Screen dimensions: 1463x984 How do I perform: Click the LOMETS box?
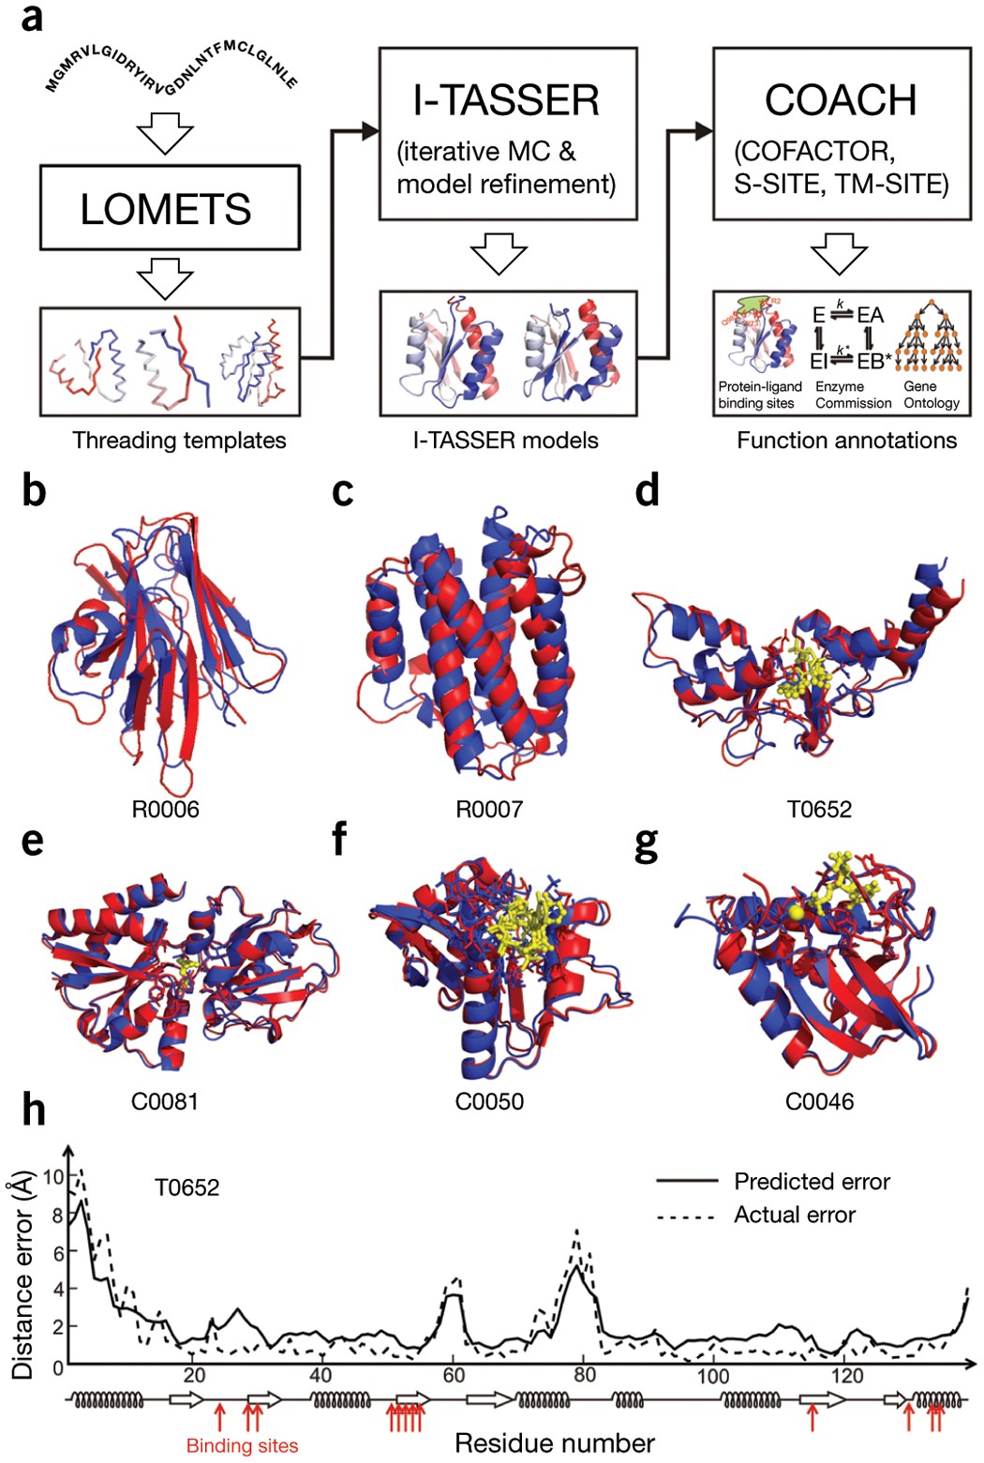tap(170, 208)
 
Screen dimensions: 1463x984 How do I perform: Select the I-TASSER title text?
tap(506, 100)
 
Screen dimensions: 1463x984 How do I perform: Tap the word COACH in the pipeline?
tap(840, 100)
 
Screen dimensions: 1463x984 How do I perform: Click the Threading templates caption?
tap(179, 440)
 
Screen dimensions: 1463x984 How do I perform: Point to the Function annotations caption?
tap(846, 440)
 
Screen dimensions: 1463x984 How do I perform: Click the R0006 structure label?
tap(165, 809)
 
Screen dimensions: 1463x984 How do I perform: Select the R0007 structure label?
tap(489, 809)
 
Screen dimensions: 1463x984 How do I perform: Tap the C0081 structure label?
tap(165, 1100)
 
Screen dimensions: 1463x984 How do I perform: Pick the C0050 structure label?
tap(489, 1100)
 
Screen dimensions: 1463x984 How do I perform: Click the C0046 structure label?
tap(819, 1100)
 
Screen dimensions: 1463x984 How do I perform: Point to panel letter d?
tap(647, 490)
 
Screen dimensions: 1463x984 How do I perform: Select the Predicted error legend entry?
tap(812, 1181)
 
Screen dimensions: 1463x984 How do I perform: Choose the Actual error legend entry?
tap(795, 1215)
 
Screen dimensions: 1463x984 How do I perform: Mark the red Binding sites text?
tap(242, 1446)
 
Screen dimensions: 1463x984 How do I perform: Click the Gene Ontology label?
tap(931, 395)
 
